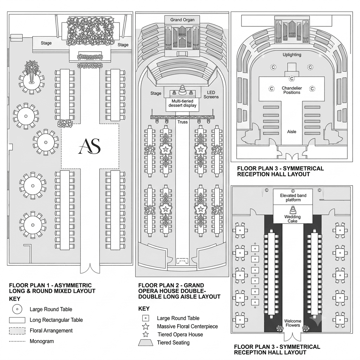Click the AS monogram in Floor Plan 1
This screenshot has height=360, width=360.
[90, 146]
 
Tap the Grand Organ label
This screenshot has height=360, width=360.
[182, 20]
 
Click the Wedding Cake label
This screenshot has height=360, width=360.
[292, 219]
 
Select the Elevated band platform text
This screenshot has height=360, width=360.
[293, 198]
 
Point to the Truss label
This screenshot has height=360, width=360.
[182, 122]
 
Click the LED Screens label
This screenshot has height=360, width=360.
[211, 95]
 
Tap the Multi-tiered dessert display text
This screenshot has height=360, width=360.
[182, 103]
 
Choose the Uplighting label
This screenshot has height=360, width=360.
[292, 54]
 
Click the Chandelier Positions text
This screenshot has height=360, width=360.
[292, 90]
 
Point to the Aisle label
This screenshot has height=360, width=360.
[291, 131]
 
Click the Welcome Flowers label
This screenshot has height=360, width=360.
[293, 323]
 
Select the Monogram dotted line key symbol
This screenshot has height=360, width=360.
[17, 341]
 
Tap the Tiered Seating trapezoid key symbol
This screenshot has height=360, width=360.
[146, 342]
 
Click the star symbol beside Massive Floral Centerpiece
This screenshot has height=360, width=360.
[146, 326]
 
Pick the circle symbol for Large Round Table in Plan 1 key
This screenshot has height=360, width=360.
[17, 309]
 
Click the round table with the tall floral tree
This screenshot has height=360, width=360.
[31, 81]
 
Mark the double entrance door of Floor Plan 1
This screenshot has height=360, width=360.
[90, 269]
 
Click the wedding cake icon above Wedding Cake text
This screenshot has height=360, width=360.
[292, 210]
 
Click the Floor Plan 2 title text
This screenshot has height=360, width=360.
[179, 291]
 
